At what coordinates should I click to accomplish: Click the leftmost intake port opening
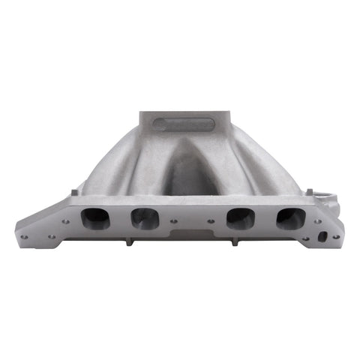(x=95, y=218)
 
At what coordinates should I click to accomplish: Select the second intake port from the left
(x=144, y=218)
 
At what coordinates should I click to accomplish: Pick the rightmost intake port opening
(x=289, y=218)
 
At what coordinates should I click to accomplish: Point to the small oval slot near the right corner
(x=322, y=235)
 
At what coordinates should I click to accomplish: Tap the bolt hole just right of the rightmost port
(x=317, y=221)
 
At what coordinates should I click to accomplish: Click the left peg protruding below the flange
(x=129, y=242)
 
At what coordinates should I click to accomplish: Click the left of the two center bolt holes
(x=174, y=221)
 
